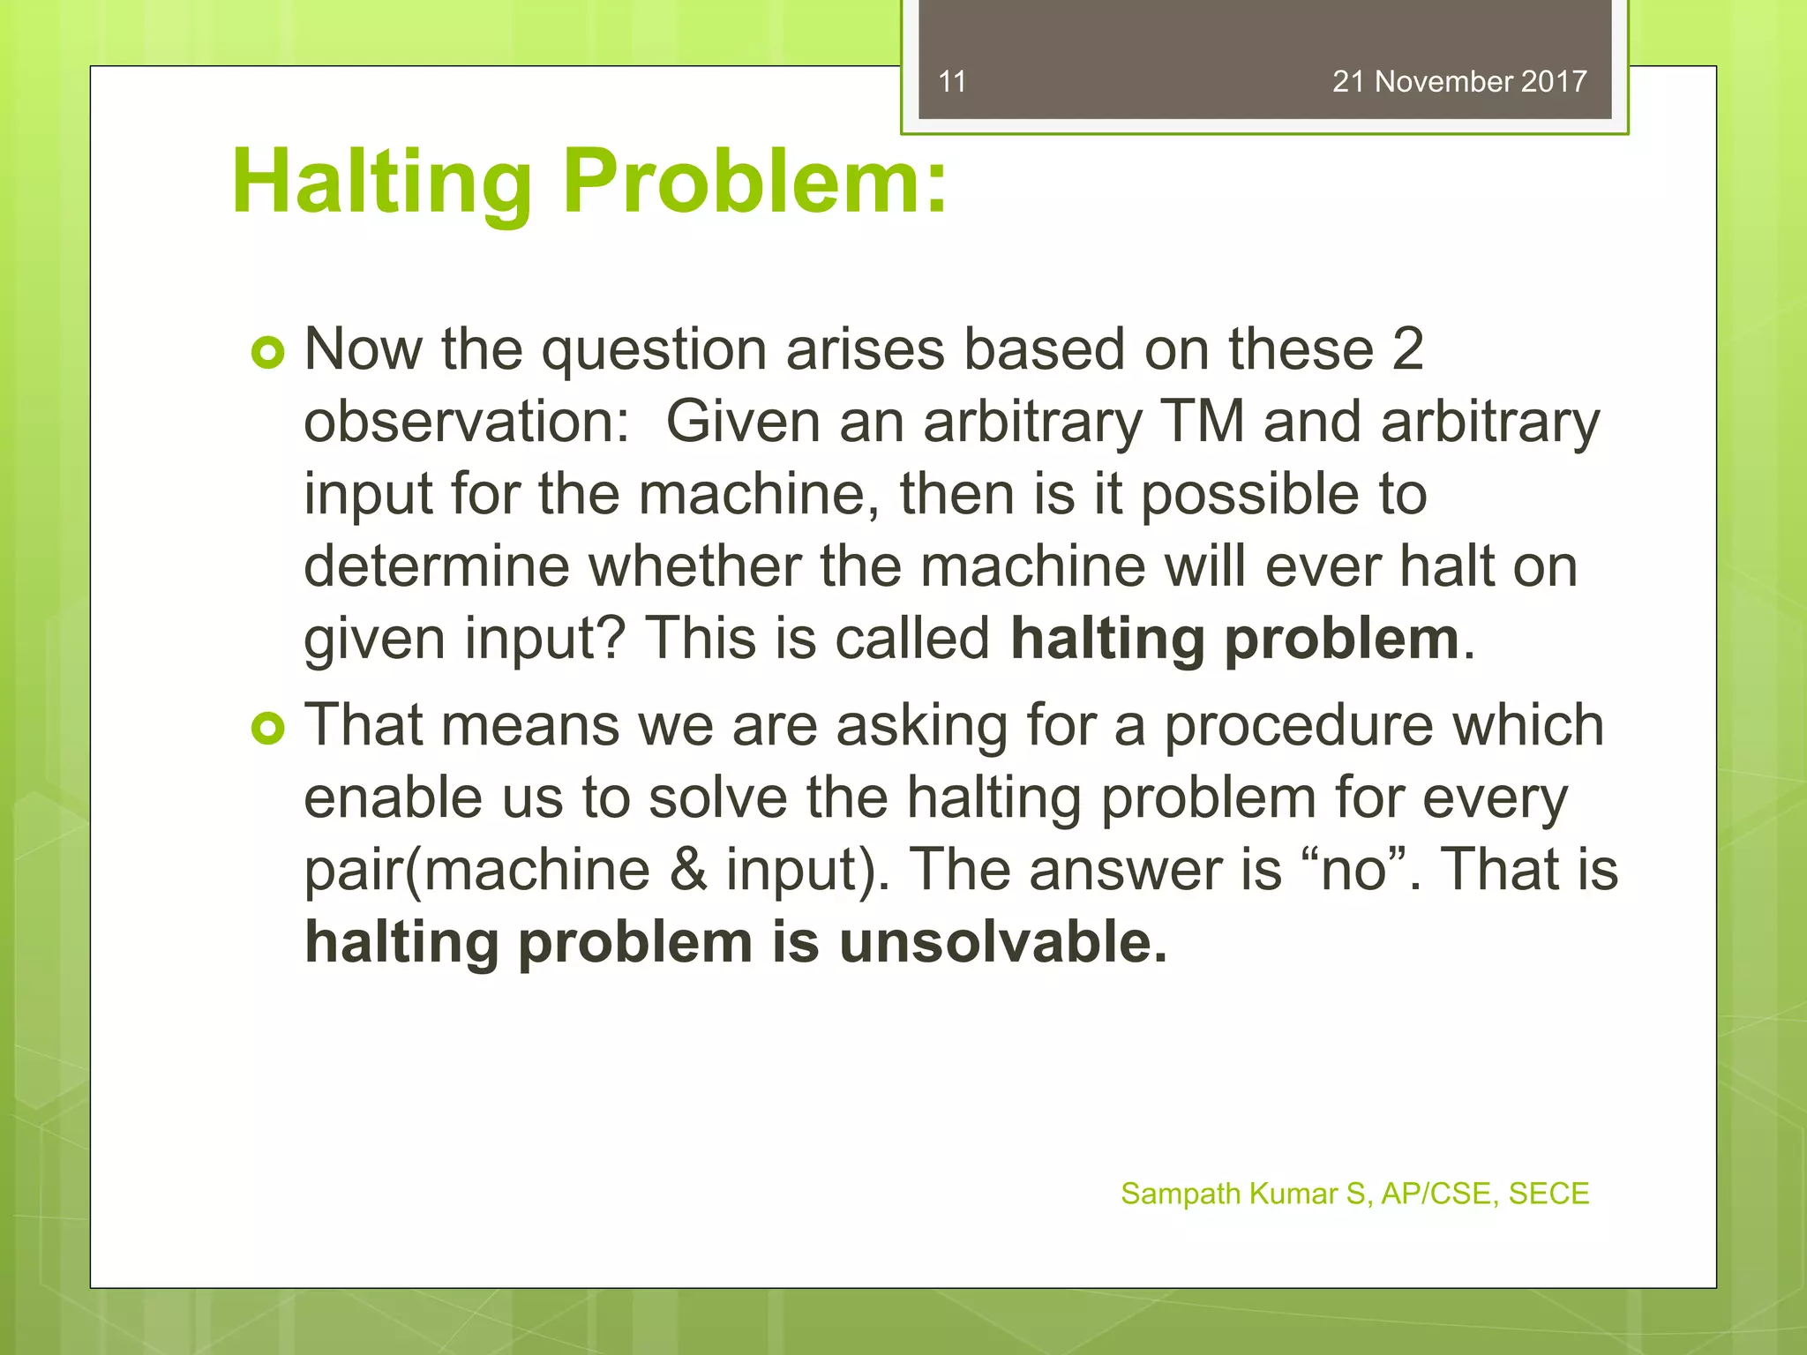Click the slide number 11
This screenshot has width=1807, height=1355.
(x=952, y=82)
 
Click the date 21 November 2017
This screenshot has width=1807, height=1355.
(x=1459, y=82)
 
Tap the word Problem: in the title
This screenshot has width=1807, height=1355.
(x=755, y=183)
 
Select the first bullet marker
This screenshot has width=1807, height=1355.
(x=267, y=353)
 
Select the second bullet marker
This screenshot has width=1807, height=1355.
(x=267, y=729)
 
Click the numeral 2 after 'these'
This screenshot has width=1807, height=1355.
(x=1407, y=349)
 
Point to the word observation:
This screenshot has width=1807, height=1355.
(x=467, y=422)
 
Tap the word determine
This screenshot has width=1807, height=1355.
(x=437, y=566)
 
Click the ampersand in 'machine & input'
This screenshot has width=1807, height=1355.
(x=687, y=870)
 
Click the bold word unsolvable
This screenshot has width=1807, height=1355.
(x=1002, y=942)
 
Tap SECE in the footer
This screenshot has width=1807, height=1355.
(x=1548, y=1194)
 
